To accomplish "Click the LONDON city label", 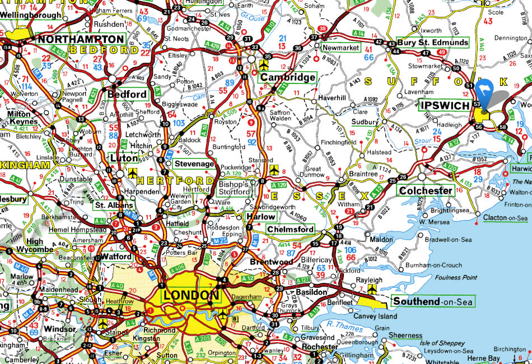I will pos(190,296).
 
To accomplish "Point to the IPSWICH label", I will pos(445,105).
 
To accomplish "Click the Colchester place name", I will pos(426,190).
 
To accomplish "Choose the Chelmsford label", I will pos(290,230).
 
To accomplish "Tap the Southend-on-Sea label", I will pos(432,302).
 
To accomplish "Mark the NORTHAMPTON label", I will pos(81,39).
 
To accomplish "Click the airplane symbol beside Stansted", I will pos(273,169).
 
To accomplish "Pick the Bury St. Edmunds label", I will pos(432,43).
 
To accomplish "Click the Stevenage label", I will pos(194,164).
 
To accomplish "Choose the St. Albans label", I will pos(108,205).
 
